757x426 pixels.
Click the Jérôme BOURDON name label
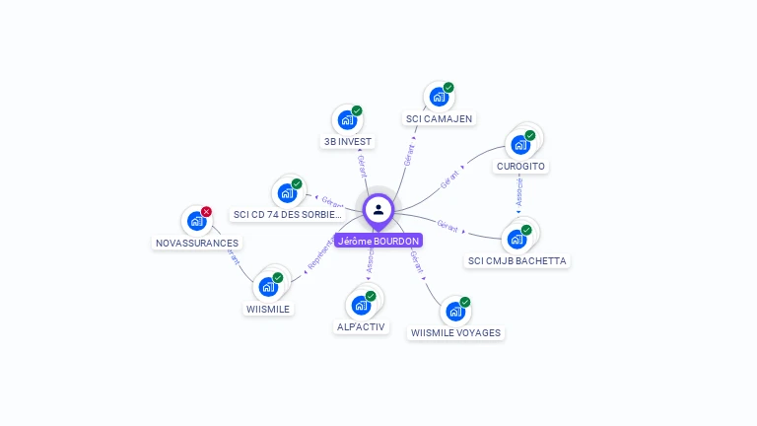point(378,241)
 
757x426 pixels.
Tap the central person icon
point(378,209)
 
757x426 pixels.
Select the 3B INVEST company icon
point(346,120)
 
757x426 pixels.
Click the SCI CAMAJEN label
point(439,118)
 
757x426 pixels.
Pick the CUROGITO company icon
point(519,145)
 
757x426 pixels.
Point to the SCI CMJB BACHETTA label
point(517,261)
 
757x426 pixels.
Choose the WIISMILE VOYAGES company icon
point(454,312)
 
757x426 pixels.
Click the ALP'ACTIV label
point(362,326)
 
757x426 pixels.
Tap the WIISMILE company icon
point(268,287)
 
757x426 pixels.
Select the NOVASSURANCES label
point(197,243)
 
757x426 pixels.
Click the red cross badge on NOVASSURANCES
point(206,212)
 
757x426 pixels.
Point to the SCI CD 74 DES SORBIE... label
point(288,214)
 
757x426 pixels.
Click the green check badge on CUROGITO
point(530,135)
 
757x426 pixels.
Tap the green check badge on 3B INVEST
point(357,110)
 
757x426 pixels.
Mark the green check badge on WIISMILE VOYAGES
point(465,302)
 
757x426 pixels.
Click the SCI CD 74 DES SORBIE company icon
point(287,192)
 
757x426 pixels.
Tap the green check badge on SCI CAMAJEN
point(448,88)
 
